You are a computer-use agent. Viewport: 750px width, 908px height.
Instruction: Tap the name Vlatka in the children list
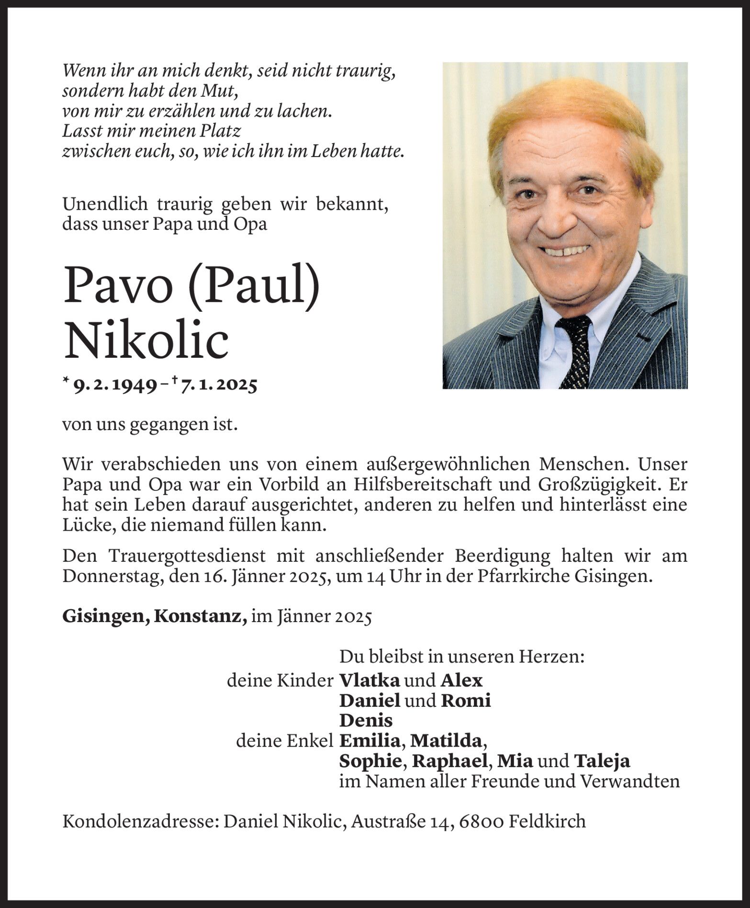point(369,680)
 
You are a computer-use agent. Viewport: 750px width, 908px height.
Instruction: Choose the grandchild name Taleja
point(602,761)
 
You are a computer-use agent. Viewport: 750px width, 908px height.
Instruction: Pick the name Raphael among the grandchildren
point(450,761)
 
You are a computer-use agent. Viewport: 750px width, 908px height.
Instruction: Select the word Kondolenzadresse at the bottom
point(140,821)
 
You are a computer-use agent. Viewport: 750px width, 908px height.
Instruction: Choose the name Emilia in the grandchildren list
point(369,741)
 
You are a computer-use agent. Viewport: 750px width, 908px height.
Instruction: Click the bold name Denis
point(366,720)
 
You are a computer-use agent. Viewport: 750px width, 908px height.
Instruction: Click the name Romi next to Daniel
point(466,701)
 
